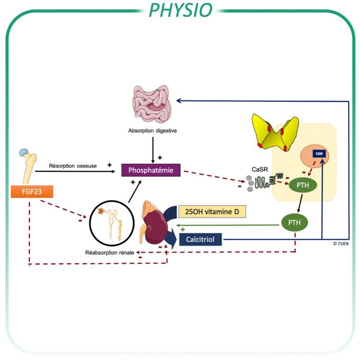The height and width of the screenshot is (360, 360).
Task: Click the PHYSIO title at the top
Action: coord(180,10)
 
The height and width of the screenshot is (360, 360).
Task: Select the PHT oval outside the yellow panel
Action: coord(294,223)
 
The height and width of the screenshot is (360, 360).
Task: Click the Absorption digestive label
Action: coord(150,130)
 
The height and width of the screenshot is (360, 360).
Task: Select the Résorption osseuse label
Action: coord(73,166)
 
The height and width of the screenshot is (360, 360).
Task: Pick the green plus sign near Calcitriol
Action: coord(183,230)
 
